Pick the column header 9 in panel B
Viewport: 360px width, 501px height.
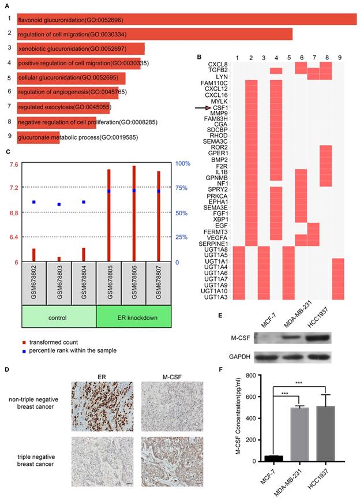340,59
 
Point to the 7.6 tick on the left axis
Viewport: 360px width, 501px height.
13,164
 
